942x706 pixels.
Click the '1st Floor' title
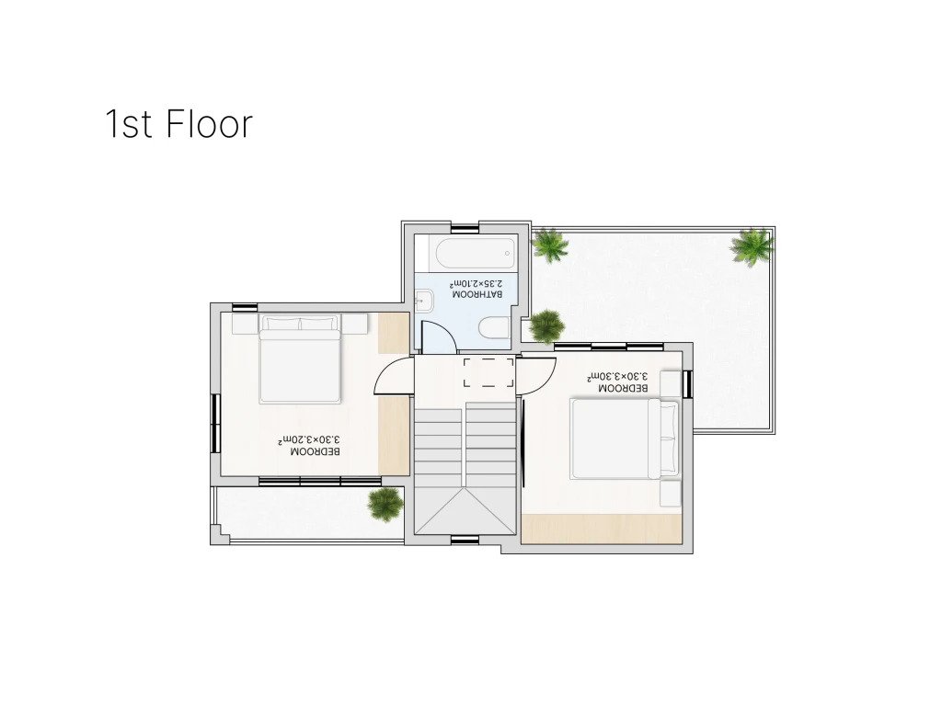(179, 124)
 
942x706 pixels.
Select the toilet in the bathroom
(494, 328)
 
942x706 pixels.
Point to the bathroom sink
(425, 300)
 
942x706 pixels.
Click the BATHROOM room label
(477, 295)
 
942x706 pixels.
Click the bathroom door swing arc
(438, 336)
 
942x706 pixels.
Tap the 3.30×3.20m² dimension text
(308, 439)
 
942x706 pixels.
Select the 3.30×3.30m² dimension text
(617, 376)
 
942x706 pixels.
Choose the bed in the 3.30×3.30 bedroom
(625, 438)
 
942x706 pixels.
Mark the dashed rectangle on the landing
(488, 373)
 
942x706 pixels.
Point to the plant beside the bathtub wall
(550, 245)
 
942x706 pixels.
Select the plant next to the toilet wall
(546, 326)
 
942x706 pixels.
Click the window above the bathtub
(465, 229)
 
